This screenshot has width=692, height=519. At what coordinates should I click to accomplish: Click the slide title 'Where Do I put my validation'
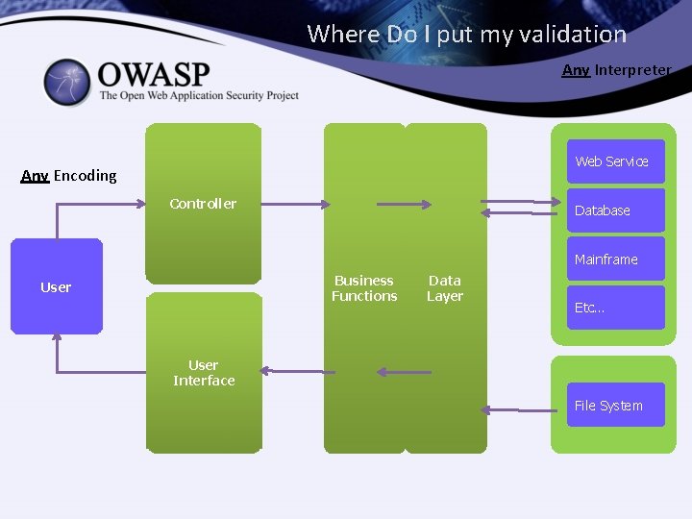tap(466, 35)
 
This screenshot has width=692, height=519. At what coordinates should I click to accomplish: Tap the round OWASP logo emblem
tap(66, 83)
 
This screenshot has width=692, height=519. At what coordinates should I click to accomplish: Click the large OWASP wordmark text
tap(153, 74)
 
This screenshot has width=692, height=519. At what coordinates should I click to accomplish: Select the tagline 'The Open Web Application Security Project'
tap(199, 96)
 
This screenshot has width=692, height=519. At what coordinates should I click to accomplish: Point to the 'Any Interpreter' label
tap(616, 70)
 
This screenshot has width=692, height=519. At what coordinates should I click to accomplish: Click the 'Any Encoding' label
tap(69, 176)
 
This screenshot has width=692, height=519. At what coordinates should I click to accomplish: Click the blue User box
tap(56, 286)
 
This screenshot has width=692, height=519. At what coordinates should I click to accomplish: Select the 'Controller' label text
tap(203, 204)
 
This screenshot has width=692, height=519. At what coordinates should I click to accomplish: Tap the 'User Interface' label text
tap(204, 373)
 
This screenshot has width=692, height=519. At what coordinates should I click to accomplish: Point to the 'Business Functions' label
tap(364, 288)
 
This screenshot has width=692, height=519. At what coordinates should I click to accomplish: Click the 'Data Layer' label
tap(445, 288)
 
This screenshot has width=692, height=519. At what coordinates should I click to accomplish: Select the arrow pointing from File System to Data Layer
tap(519, 410)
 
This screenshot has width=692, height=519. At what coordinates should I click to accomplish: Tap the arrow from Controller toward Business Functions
tap(295, 204)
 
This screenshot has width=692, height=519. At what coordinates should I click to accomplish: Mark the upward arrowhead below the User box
tap(57, 335)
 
